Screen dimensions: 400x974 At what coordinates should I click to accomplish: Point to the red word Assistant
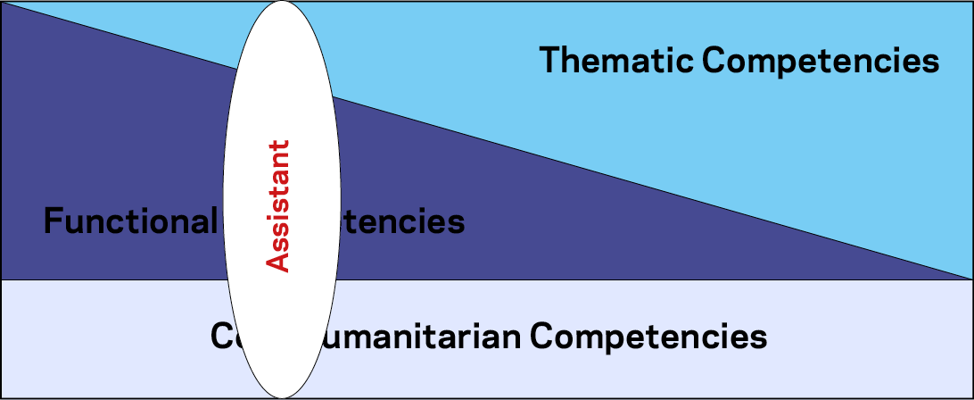pyautogui.click(x=279, y=206)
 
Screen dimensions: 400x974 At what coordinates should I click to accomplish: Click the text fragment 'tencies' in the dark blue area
pyautogui.click(x=403, y=221)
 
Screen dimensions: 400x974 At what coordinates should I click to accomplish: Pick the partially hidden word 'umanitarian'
pyautogui.click(x=431, y=337)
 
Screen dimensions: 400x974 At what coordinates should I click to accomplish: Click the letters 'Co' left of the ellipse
pyautogui.click(x=222, y=337)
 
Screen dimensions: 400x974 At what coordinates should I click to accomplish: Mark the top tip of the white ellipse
pyautogui.click(x=281, y=2)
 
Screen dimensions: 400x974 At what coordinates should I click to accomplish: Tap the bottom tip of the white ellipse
pyautogui.click(x=281, y=397)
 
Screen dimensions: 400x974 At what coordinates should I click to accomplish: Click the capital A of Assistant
pyautogui.click(x=279, y=261)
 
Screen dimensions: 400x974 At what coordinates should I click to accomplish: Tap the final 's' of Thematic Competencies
pyautogui.click(x=931, y=62)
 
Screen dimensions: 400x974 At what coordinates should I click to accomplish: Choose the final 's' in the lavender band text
pyautogui.click(x=760, y=338)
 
